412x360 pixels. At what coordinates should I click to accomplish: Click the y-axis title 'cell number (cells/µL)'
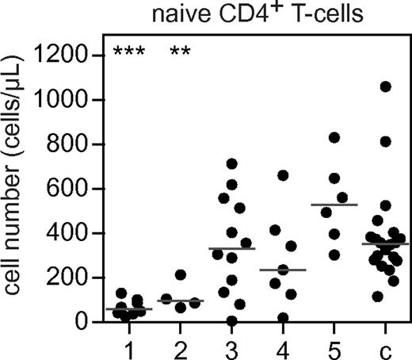point(17,188)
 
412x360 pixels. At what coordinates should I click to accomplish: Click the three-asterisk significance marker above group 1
point(127,54)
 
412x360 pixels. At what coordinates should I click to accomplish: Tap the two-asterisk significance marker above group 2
point(180,54)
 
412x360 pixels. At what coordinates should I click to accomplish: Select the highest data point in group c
point(386,87)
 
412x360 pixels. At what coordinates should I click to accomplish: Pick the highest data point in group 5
point(334,138)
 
